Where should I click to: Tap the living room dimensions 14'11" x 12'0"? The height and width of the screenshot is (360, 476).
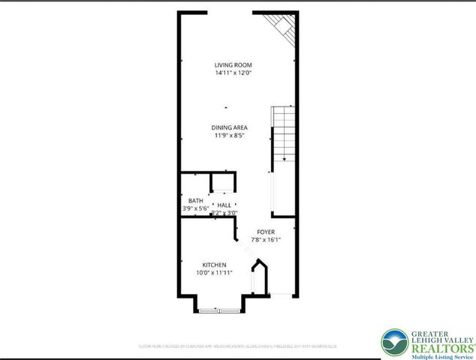(x=232, y=73)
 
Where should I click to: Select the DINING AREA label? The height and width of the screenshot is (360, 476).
(x=229, y=127)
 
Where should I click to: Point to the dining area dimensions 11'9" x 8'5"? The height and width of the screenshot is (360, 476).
(x=229, y=136)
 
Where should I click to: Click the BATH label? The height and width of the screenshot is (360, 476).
(x=195, y=200)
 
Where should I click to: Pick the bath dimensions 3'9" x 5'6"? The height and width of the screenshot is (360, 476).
(x=194, y=208)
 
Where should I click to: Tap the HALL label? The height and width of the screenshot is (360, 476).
(x=224, y=205)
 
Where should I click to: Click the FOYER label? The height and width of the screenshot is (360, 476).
(x=267, y=232)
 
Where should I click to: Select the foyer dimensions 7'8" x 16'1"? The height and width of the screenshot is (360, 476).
(x=265, y=240)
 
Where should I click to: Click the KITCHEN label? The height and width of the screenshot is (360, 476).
(x=214, y=265)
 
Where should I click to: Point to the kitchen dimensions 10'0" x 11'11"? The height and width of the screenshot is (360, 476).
(x=214, y=273)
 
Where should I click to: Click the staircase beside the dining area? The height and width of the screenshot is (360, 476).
(x=282, y=130)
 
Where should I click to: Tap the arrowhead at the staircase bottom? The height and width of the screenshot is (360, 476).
(x=285, y=159)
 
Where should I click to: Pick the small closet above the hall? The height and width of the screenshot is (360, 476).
(x=222, y=182)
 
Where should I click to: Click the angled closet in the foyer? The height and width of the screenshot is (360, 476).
(x=258, y=275)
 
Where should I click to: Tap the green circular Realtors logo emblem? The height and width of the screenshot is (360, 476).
(x=394, y=343)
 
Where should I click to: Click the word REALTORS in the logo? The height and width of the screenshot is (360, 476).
(x=441, y=348)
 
